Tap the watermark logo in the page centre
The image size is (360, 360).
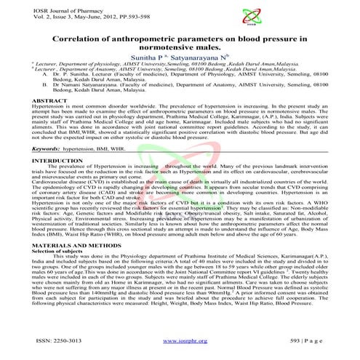click(x=179, y=178)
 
